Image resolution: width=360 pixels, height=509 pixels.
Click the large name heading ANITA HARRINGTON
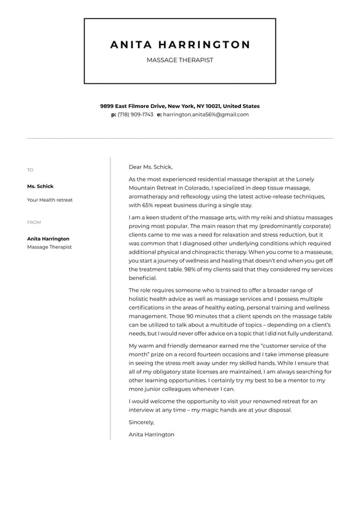point(180,45)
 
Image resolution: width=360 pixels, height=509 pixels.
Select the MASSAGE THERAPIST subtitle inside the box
point(180,60)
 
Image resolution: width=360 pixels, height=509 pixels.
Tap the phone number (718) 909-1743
point(135,115)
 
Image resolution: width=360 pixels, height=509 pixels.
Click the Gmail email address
point(205,115)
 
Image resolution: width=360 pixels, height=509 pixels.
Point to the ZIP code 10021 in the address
point(213,106)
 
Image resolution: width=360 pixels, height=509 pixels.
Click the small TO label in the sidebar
point(30,170)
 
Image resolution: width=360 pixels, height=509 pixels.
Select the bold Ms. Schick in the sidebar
point(40,186)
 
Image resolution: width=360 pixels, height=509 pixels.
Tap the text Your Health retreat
point(49,200)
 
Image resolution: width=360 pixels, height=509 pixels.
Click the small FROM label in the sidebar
point(34,222)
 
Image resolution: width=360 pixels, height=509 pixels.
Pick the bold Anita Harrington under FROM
point(48,239)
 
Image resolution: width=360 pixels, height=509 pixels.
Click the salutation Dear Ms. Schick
point(150,167)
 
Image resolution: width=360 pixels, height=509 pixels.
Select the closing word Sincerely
point(141,423)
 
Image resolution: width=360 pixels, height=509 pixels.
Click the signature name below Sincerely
point(152,434)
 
